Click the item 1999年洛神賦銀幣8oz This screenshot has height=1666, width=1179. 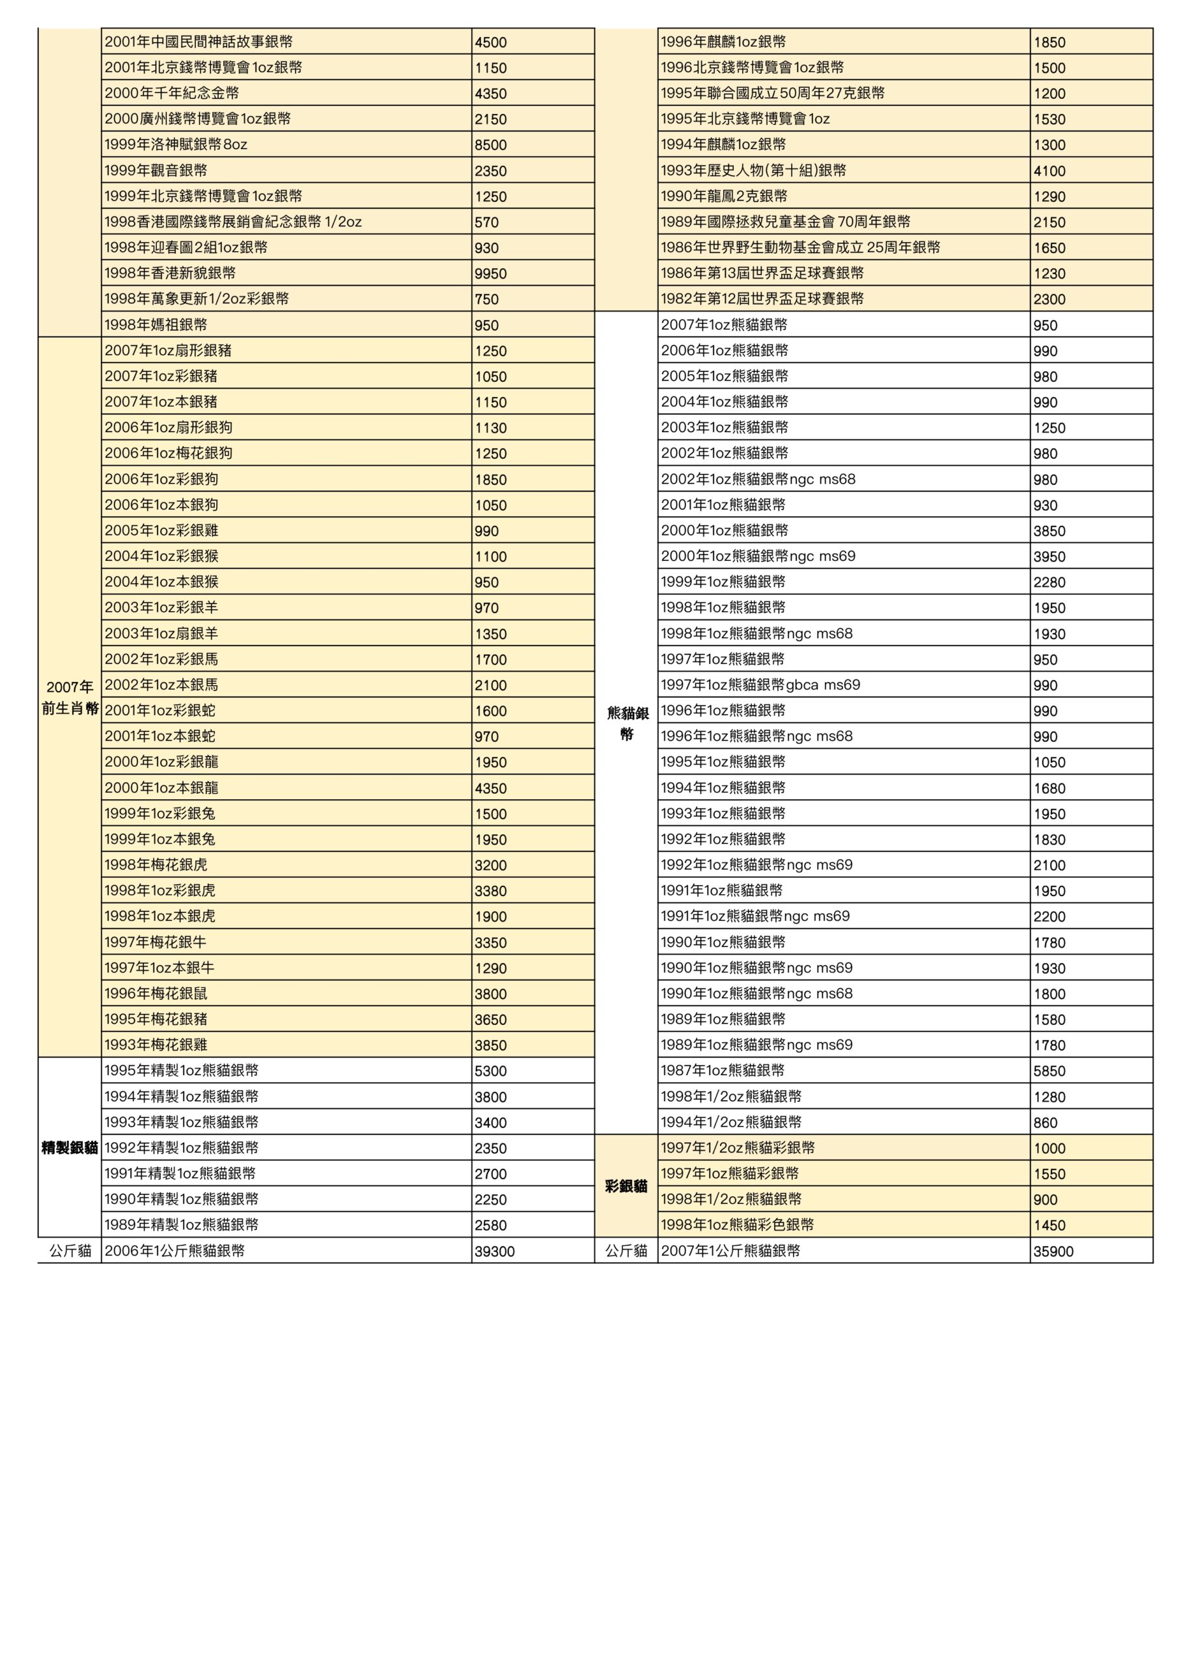coord(176,144)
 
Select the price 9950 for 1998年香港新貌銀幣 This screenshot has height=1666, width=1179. coord(491,273)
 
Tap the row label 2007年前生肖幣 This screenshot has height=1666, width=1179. coord(70,697)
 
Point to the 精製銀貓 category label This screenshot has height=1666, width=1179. coord(70,1148)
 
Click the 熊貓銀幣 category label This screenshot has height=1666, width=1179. coord(627,723)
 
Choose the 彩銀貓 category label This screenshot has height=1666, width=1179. coord(626,1186)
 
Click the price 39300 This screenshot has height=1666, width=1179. coord(494,1251)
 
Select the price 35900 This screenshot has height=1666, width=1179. coord(1053,1251)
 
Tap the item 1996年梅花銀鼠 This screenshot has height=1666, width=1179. coord(156,993)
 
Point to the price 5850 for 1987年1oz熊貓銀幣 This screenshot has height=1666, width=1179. coord(1050,1071)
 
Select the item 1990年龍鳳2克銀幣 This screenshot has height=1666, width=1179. coord(724,196)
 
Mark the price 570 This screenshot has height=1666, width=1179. coord(487,222)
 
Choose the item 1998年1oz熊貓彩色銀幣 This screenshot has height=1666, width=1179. coord(737,1225)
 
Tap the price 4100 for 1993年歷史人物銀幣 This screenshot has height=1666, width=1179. coord(1050,171)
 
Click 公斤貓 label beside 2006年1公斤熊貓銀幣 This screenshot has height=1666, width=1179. coord(70,1251)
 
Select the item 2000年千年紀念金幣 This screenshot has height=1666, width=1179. coord(172,93)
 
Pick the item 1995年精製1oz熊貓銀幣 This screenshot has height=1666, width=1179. coord(182,1071)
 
